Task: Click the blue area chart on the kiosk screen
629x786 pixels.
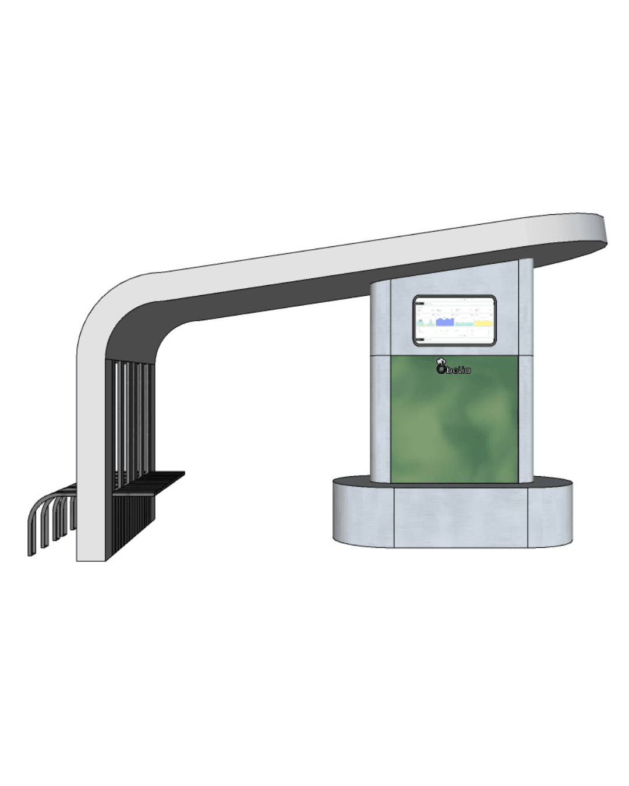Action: tap(445, 322)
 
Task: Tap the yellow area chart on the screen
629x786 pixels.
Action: tap(483, 323)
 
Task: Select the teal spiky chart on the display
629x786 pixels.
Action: tap(425, 323)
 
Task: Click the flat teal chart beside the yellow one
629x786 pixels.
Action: tap(464, 324)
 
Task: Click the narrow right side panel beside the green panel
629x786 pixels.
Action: tap(525, 419)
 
